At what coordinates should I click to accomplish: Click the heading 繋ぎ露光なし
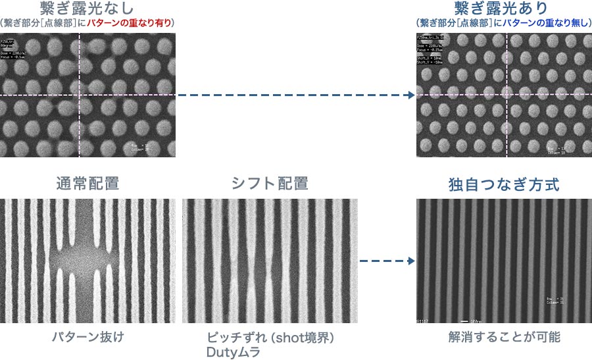coord(87,9)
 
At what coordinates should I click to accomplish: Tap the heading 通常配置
coord(87,184)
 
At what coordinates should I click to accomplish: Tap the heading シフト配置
coord(270,184)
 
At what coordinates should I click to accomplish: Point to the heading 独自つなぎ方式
coord(504,184)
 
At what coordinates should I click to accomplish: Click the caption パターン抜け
coord(87,337)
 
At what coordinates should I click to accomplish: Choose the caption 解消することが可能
coord(504,337)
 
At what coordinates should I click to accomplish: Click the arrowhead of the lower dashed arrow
coord(411,260)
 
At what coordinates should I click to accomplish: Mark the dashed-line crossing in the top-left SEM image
coord(80,95)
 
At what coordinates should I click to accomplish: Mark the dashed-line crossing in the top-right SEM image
coord(506,95)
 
